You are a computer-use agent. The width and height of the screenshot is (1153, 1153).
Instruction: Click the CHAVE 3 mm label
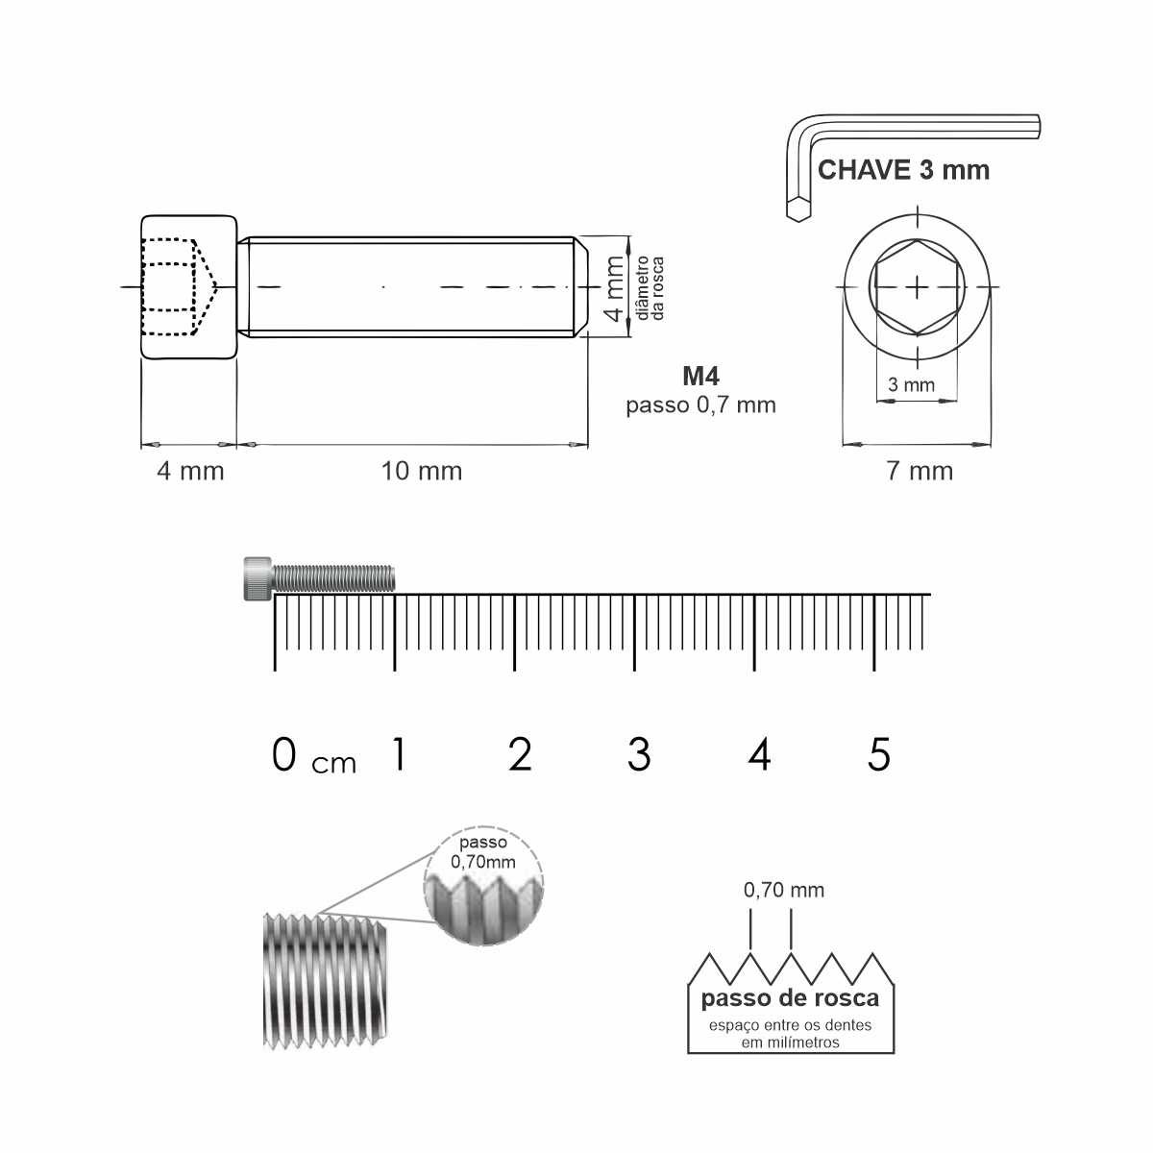point(903,170)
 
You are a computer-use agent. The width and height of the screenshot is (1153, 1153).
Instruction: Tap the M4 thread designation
point(700,377)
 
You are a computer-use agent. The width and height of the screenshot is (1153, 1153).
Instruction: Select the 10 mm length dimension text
point(422,472)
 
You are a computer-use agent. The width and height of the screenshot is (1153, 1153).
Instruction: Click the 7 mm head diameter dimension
point(920,472)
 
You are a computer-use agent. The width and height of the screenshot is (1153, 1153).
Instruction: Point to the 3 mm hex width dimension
point(911,384)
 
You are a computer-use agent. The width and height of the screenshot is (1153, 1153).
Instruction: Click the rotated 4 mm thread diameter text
point(615,288)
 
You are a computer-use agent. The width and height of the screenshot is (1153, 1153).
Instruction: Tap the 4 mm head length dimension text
point(190,472)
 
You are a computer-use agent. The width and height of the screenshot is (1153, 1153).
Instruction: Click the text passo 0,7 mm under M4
point(700,405)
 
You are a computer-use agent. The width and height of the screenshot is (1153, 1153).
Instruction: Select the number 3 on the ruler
point(639,754)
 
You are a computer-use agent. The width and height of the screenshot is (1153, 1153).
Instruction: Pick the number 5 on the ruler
point(879,754)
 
